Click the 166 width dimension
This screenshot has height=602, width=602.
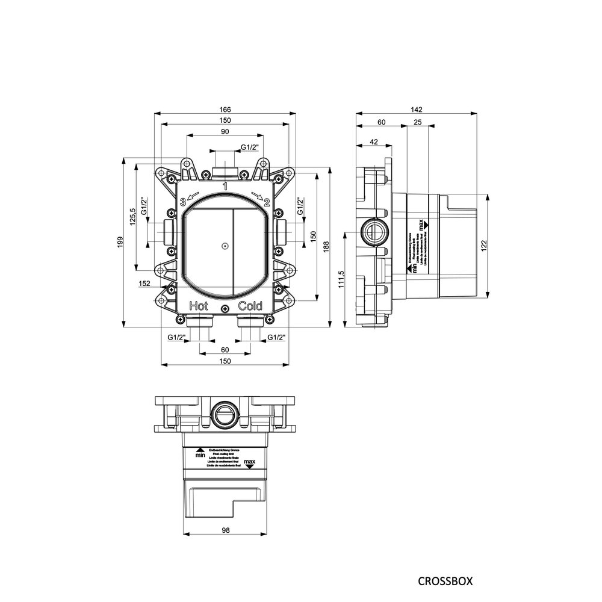coord(225,109)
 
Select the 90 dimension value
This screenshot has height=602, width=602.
coord(225,132)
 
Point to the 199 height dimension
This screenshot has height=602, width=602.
coord(120,242)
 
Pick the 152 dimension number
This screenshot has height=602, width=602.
coord(144,283)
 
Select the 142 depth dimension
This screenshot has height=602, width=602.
coord(417,109)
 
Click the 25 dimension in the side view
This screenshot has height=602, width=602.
coord(417,122)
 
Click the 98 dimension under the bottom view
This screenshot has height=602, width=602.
coord(225,530)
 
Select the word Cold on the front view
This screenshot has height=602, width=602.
coord(250,305)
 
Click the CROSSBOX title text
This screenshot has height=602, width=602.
coord(445,581)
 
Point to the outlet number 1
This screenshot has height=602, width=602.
coord(225,187)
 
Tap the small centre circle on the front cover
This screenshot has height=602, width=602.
coord(225,246)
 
